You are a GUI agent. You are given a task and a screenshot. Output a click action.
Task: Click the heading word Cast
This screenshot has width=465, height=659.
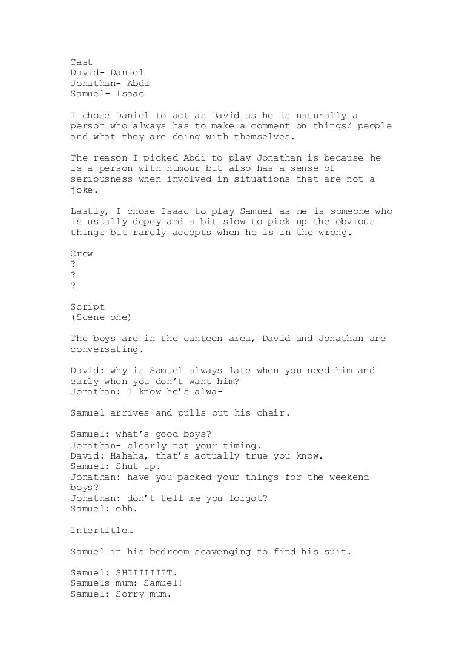pos(82,62)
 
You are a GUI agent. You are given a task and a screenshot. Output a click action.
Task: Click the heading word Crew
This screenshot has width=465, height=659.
pos(82,254)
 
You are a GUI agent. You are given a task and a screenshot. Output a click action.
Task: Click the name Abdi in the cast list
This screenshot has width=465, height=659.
pos(137,83)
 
